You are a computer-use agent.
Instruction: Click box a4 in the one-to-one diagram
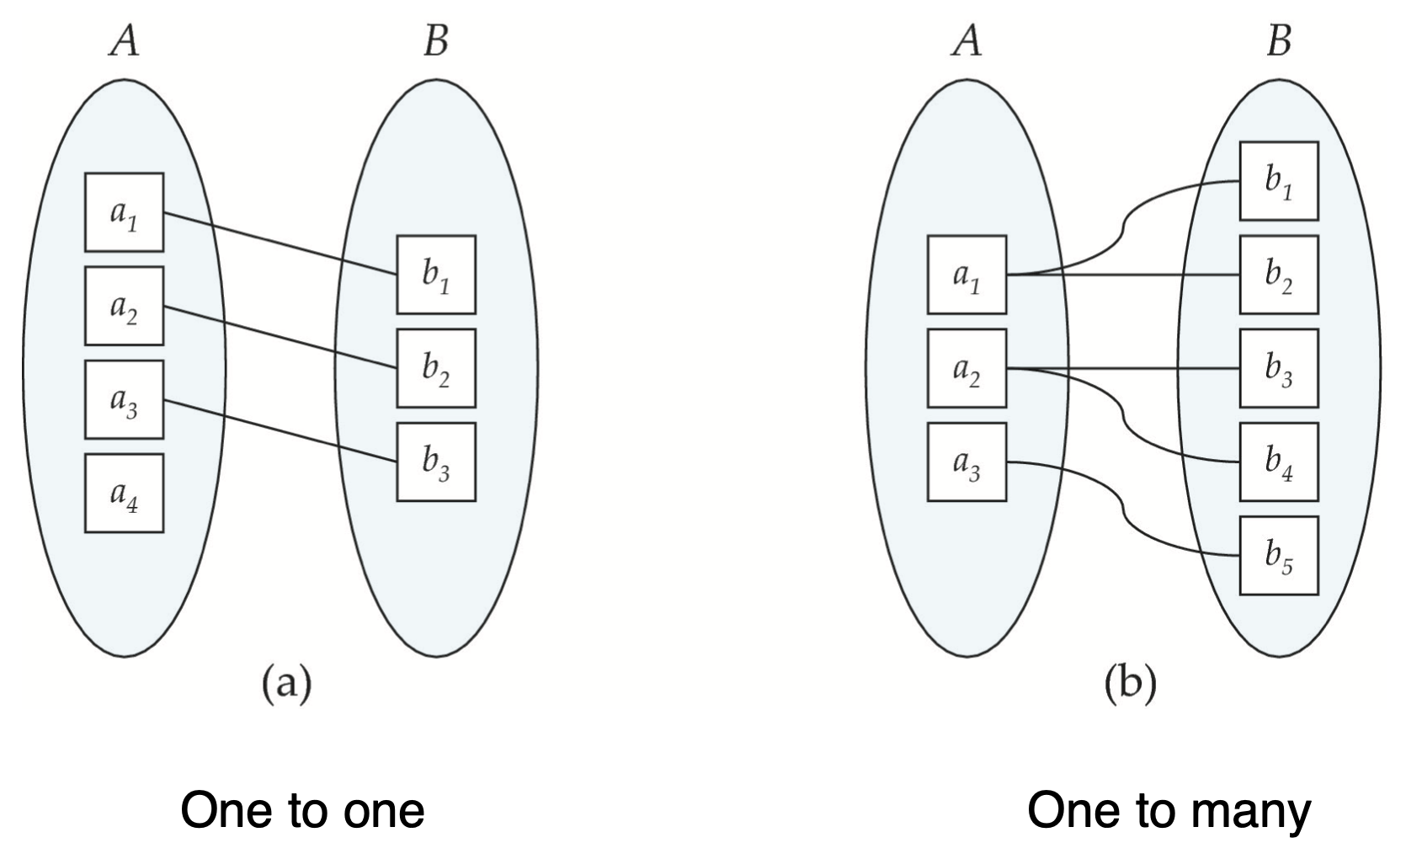(124, 493)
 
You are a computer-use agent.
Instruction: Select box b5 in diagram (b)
(1278, 555)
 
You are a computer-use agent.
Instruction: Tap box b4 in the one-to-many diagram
(1278, 462)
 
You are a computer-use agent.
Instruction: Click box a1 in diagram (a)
(124, 212)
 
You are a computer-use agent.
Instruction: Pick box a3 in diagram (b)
(967, 462)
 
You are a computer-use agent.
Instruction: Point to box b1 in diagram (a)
(435, 275)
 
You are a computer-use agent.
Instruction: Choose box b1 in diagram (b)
(1278, 181)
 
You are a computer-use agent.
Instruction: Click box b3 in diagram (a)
(435, 462)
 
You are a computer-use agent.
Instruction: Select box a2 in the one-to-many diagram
(967, 368)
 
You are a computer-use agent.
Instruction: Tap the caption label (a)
(286, 684)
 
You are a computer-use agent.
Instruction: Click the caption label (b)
(1130, 684)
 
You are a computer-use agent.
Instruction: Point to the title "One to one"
(302, 810)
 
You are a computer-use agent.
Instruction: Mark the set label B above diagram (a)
(435, 40)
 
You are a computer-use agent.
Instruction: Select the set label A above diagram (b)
(967, 40)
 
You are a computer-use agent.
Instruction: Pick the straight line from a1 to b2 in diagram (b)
(1162, 275)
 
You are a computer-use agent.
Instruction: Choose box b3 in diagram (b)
(1278, 368)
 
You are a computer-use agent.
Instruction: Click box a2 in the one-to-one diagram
(124, 306)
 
